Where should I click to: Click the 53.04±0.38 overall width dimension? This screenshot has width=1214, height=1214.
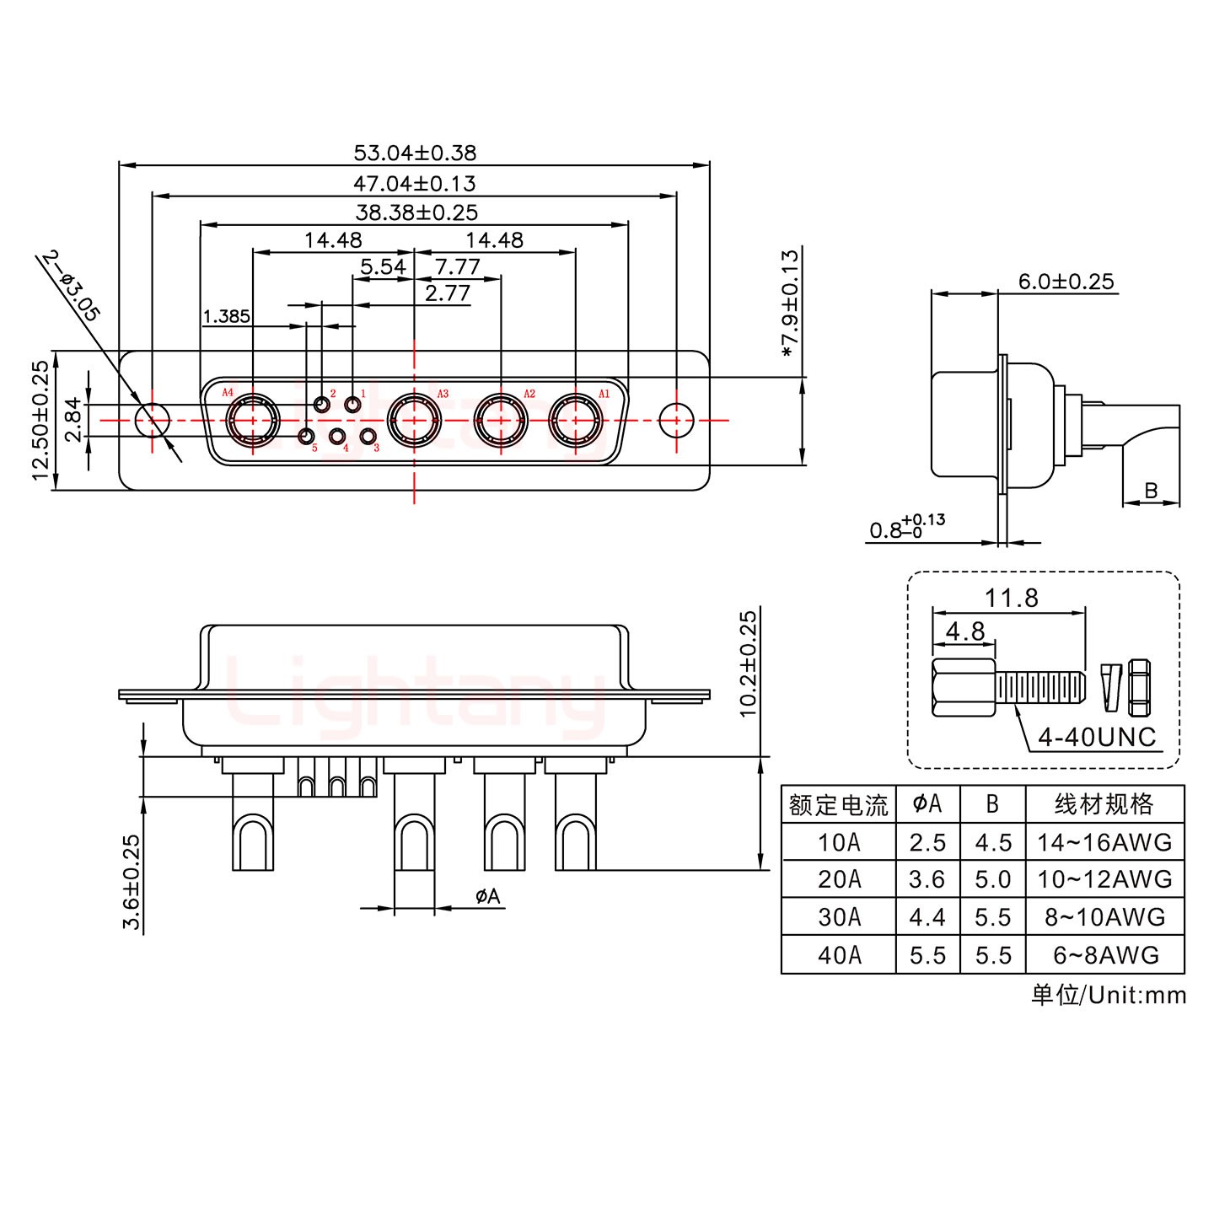tap(414, 153)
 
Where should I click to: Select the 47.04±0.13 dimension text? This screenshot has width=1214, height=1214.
tap(414, 183)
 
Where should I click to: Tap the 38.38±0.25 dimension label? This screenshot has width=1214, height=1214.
tap(416, 212)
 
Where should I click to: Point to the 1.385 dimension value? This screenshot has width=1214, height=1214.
tap(226, 317)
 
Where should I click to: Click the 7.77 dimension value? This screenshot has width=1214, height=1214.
tap(457, 267)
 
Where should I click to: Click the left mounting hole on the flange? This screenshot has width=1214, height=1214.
tap(153, 419)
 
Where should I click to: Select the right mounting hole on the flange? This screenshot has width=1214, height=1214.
tap(675, 419)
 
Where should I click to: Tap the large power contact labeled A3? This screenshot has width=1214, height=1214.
tap(413, 419)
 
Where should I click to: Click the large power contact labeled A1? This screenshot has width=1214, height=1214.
tap(576, 419)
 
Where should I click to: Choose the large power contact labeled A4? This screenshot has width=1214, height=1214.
tap(252, 419)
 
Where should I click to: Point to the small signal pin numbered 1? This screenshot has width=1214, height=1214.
tap(352, 406)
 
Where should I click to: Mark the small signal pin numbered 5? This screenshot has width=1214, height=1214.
tap(306, 436)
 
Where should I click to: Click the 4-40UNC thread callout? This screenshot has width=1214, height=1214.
tap(1097, 737)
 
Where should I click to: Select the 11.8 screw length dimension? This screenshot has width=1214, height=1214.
tap(1011, 598)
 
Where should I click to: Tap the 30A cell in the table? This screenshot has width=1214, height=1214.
tap(839, 917)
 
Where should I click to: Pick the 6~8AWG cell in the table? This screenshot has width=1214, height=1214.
tap(1104, 955)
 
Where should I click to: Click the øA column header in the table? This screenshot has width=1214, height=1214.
tap(927, 804)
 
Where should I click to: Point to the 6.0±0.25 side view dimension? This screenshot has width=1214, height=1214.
tap(1066, 281)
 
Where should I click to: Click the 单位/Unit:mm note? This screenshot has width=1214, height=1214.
tap(1108, 995)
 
